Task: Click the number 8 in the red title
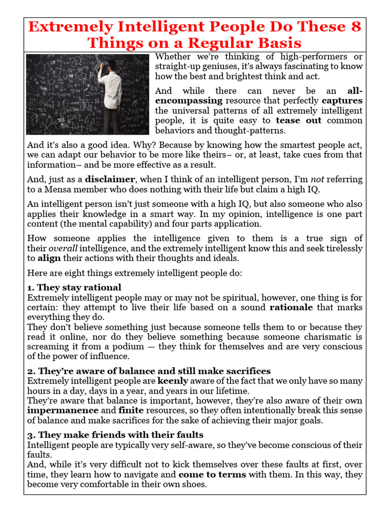pos(354,26)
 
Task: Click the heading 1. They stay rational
pos(74,288)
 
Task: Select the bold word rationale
pos(290,307)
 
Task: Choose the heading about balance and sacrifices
pos(149,371)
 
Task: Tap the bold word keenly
pos(173,381)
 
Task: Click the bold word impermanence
pos(62,410)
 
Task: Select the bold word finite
pos(131,410)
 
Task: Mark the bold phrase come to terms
pos(212,474)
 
